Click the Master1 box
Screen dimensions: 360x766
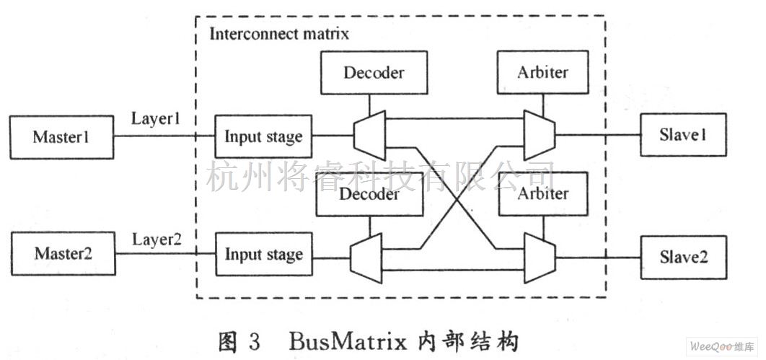tap(61, 137)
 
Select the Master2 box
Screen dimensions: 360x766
tap(63, 254)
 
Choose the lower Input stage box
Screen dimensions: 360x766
tap(263, 255)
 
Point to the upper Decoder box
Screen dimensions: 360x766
tap(373, 72)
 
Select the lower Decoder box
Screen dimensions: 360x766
tap(369, 195)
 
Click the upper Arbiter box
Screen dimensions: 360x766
tap(542, 72)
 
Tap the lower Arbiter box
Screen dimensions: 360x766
tap(542, 193)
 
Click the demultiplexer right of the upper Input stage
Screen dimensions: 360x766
tap(370, 135)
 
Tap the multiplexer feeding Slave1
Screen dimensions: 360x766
tap(538, 135)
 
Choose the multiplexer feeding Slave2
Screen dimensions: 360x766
tap(538, 257)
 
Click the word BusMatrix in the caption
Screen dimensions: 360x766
tap(330, 340)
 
